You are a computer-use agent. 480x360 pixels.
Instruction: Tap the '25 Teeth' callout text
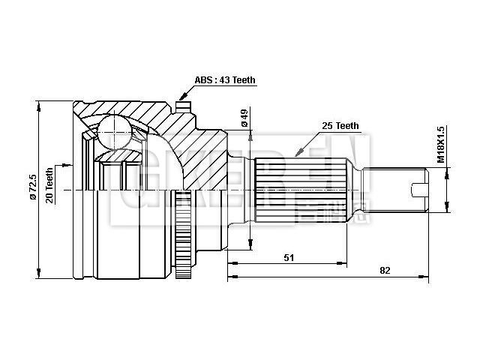[x=339, y=126]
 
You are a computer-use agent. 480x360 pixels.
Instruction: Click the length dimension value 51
[x=289, y=257]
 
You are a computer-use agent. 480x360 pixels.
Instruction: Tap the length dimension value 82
[x=384, y=270]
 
